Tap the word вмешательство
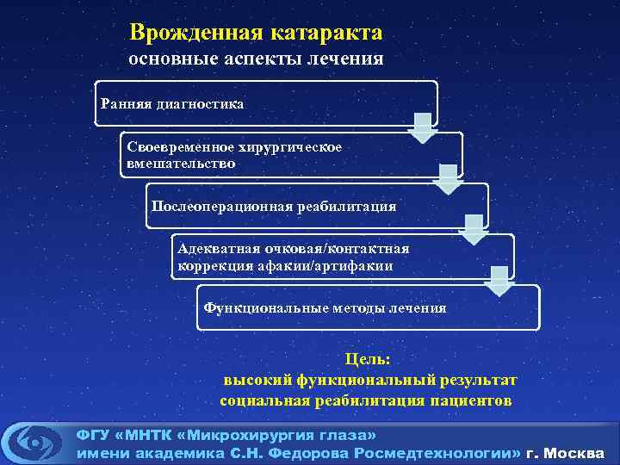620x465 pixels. tap(180, 163)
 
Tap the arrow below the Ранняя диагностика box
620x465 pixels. tap(422, 127)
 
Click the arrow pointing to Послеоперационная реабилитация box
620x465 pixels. tap(448, 179)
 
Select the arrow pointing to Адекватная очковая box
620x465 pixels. tap(473, 230)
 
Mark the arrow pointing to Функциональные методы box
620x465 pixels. tap(499, 281)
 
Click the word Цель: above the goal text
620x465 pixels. tap(368, 359)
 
